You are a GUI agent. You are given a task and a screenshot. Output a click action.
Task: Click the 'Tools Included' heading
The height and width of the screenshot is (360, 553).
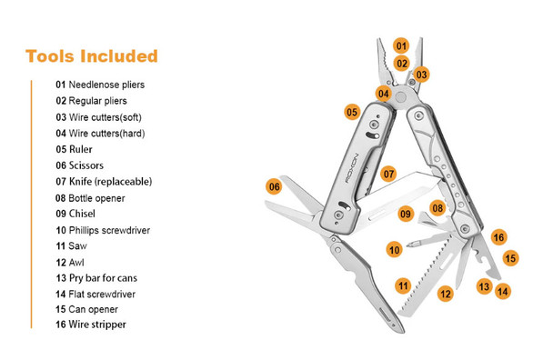coord(92,56)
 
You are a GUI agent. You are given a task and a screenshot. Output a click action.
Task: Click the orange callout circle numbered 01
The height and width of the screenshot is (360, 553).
coord(401,45)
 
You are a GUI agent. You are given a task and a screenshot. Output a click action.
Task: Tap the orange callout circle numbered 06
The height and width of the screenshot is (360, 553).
coord(273,186)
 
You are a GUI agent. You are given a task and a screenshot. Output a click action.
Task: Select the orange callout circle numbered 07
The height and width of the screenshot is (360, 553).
coord(388,173)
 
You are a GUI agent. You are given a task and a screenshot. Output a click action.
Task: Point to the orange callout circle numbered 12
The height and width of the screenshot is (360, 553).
coord(445,294)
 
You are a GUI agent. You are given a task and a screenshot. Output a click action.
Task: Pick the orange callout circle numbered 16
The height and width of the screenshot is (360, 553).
coord(498,237)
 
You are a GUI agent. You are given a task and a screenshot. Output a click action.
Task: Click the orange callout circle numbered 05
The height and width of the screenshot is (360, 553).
coord(352,112)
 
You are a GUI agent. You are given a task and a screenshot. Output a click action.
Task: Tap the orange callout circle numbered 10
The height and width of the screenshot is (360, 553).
coord(394,249)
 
